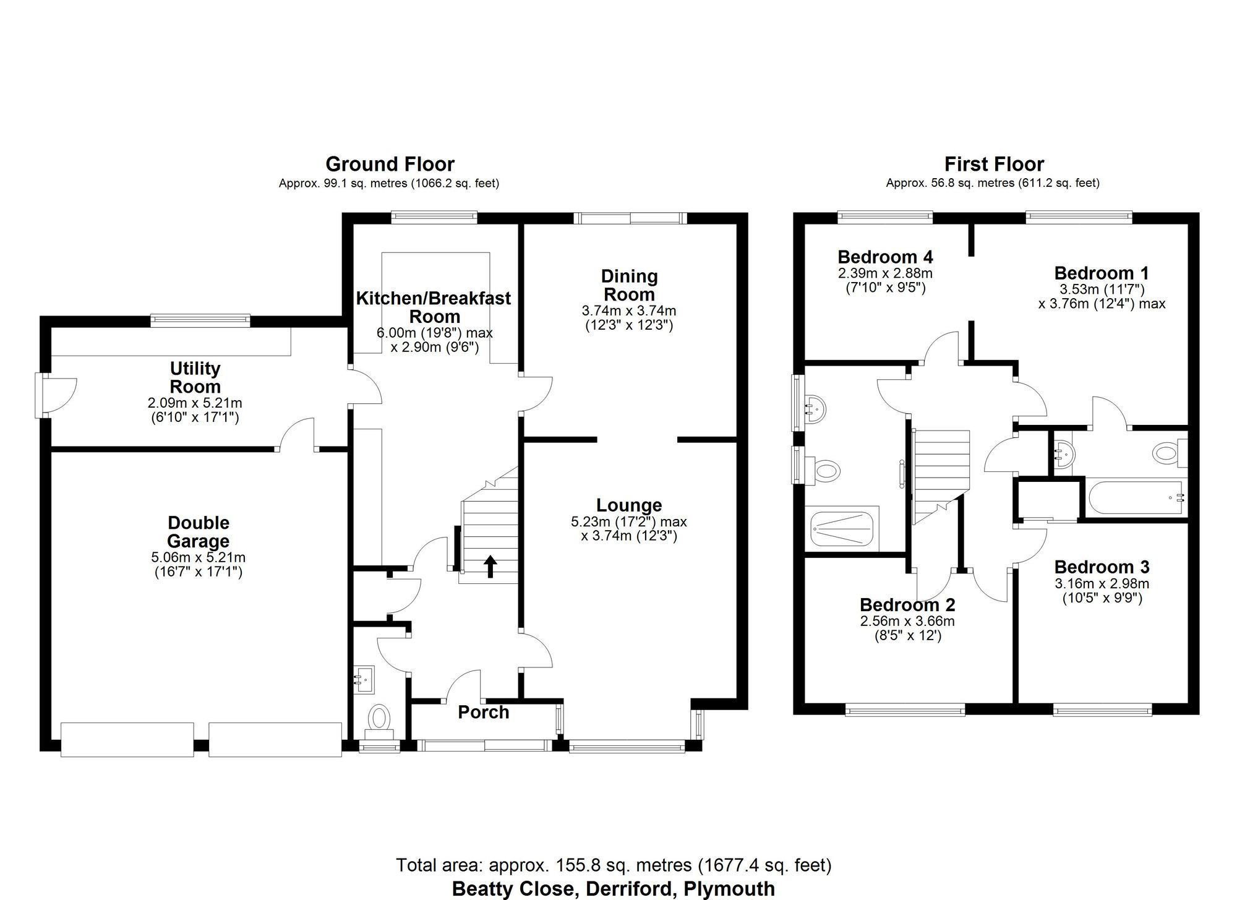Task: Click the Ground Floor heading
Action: click(390, 164)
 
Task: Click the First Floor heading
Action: click(994, 164)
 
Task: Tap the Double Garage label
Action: click(198, 532)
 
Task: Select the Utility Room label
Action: click(195, 377)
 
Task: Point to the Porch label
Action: click(483, 712)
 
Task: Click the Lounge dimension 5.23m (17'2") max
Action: click(628, 522)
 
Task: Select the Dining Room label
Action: click(629, 285)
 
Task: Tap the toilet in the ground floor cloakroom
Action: click(379, 719)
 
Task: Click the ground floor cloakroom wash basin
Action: click(363, 679)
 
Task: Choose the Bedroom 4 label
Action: click(885, 257)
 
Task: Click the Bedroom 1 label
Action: click(1101, 273)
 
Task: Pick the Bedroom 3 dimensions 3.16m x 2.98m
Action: click(1102, 583)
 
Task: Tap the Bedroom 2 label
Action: click(907, 604)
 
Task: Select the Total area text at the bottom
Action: click(613, 864)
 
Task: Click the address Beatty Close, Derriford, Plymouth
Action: click(613, 889)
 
